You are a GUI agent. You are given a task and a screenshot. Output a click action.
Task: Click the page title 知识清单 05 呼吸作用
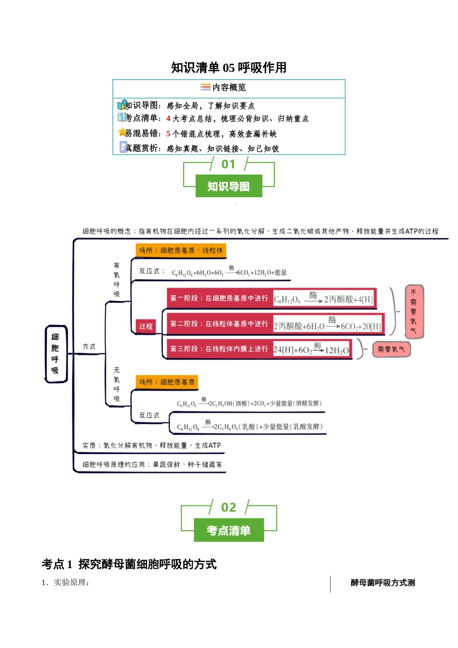click(x=229, y=67)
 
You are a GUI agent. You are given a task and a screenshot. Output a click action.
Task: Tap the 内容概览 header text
click(x=229, y=87)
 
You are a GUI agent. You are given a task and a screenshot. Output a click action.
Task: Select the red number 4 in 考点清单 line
click(x=168, y=119)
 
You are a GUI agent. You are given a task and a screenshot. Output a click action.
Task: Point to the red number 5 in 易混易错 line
click(x=168, y=134)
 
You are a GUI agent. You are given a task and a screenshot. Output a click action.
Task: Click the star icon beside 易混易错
click(x=122, y=133)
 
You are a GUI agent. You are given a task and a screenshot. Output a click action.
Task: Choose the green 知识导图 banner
click(x=229, y=187)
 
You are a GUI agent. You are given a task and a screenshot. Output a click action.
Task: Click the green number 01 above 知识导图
click(x=229, y=164)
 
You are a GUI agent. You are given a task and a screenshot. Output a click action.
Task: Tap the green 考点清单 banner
click(x=229, y=530)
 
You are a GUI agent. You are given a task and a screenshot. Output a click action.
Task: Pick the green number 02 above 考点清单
click(x=229, y=508)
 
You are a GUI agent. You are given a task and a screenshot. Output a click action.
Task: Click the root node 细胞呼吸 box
click(x=55, y=354)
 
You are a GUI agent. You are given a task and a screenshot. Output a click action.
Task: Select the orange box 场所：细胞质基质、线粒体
click(x=181, y=251)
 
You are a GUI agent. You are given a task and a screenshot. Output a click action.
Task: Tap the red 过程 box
click(x=146, y=326)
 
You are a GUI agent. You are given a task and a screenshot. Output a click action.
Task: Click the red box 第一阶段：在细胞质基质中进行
click(x=219, y=298)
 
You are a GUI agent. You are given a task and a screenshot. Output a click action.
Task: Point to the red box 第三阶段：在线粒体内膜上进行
click(x=219, y=349)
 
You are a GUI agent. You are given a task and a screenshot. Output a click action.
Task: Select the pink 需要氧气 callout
click(x=391, y=350)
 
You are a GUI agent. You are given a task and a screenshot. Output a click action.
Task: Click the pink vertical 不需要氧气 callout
click(x=414, y=311)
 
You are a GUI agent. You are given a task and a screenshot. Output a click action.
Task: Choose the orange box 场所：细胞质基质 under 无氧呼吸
click(x=167, y=382)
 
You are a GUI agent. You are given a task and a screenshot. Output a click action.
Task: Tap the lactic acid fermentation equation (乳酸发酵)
click(x=249, y=427)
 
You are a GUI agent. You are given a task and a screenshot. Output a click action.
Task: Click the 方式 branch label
click(x=89, y=347)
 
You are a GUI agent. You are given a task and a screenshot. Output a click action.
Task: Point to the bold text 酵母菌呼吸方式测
click(x=383, y=583)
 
